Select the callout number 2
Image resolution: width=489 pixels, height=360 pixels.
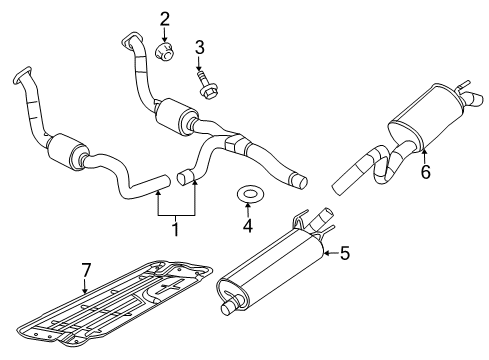165,17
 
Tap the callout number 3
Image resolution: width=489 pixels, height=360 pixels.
200,46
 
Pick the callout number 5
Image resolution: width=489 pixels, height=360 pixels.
344,254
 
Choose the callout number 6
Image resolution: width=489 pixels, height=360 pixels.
424,172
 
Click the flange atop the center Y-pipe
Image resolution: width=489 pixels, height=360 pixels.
130,41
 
